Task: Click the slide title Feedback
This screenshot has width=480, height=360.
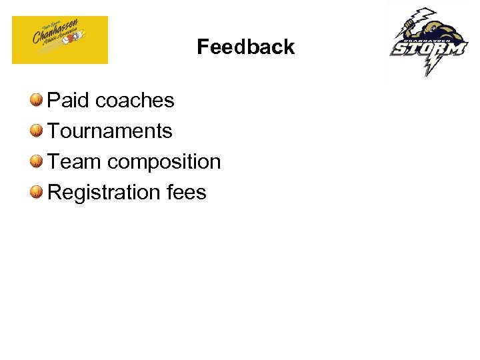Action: pos(245,47)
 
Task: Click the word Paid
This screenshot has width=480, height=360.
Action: pos(69,101)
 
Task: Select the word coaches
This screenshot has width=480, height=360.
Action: pos(135,101)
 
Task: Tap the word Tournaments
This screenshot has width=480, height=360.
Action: pos(110,131)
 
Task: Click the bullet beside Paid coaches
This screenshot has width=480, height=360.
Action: pos(36,100)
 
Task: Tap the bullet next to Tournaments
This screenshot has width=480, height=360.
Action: pos(36,131)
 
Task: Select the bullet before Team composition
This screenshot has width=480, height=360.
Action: pos(36,161)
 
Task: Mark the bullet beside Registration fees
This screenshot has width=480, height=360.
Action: pos(36,192)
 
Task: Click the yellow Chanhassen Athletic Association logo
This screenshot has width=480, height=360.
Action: pos(60,40)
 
